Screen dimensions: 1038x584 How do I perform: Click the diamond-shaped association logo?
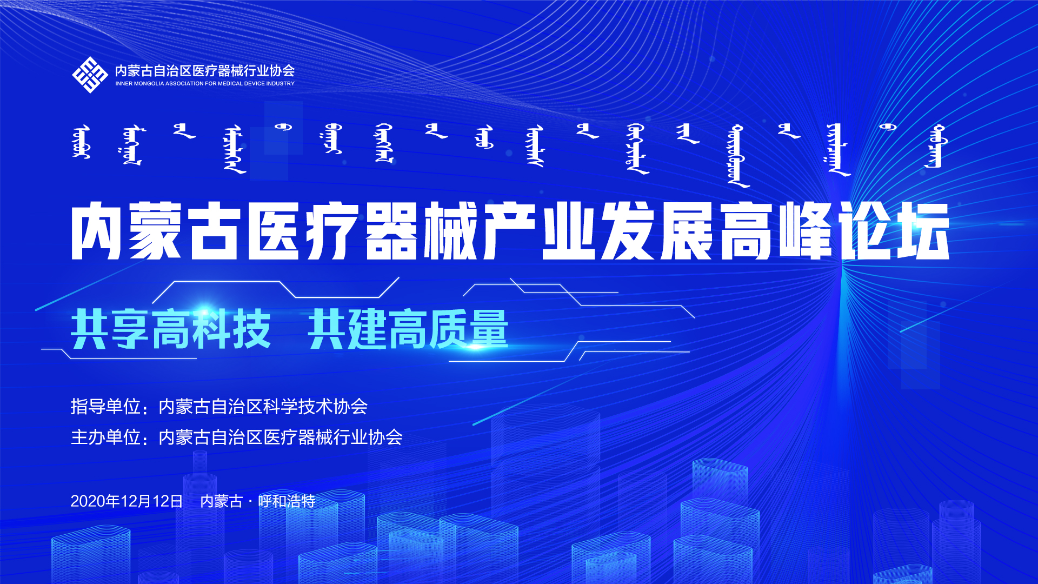90,75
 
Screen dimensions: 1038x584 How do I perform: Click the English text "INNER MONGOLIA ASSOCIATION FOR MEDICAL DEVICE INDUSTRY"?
205,84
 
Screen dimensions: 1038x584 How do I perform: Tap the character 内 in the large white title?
98,231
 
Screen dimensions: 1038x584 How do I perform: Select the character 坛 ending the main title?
923,231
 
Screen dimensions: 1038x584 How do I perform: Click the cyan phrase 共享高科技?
170,329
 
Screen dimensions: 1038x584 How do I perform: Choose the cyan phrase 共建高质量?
408,329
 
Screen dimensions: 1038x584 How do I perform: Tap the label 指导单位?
105,407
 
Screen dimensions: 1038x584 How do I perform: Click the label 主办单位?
105,437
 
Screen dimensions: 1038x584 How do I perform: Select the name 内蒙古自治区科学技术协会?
263,407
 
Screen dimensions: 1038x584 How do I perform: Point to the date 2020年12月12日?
127,501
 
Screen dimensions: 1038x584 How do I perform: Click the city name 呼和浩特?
287,501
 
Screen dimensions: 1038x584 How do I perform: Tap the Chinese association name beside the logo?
205,70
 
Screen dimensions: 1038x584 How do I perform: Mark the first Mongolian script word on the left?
81,142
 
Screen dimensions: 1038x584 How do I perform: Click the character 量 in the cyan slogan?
489,329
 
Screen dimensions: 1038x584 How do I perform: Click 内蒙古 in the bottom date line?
222,501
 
